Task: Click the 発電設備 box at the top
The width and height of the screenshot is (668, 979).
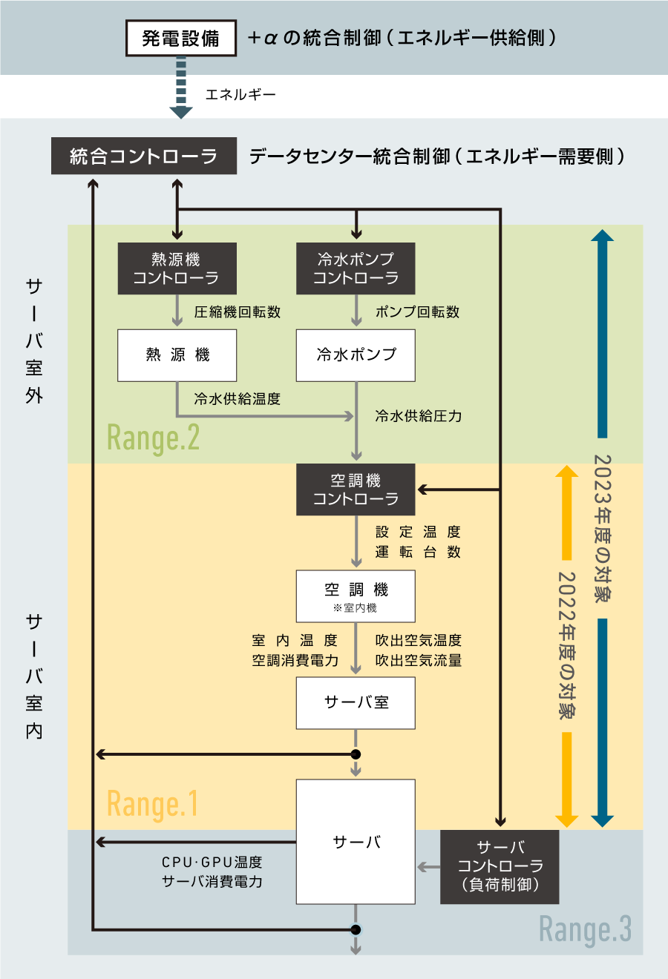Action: point(180,38)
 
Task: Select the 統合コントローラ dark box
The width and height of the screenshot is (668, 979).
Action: point(143,156)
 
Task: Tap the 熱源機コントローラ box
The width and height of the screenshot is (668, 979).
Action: point(177,268)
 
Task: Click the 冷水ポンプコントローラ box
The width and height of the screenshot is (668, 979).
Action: point(356,268)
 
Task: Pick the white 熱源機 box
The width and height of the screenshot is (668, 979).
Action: point(177,355)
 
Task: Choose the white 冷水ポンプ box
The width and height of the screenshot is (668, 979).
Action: point(356,355)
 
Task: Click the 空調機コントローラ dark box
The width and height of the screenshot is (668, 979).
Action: point(356,489)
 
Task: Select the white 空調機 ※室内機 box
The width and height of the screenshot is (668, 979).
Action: point(356,596)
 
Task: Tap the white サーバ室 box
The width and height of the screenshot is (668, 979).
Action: point(356,702)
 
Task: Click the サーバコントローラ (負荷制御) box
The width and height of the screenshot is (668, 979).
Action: point(500,866)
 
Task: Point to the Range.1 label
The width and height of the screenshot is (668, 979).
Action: point(152,804)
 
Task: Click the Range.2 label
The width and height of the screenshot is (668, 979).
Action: point(153,438)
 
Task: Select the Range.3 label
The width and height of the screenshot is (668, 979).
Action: point(585,929)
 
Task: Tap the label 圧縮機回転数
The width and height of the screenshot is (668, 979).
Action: point(238,312)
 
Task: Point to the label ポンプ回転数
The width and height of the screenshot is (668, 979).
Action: point(417,312)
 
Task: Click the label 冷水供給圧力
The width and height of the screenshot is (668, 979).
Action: point(419,416)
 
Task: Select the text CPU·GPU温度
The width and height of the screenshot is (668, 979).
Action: point(212,863)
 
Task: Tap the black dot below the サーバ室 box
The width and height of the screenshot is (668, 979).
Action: point(356,754)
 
